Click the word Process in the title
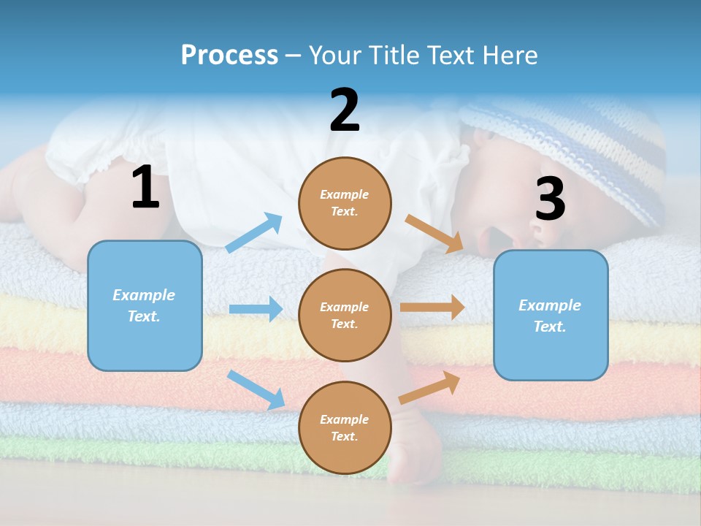229,56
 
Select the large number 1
145,188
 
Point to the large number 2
345,110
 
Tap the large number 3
550,198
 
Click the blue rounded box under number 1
145,305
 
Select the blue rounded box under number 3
551,315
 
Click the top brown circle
345,203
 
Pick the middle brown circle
345,315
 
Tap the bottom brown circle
345,427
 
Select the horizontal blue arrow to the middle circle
256,309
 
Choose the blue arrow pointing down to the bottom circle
256,389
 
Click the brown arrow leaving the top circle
434,234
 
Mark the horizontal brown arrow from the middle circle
432,308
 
